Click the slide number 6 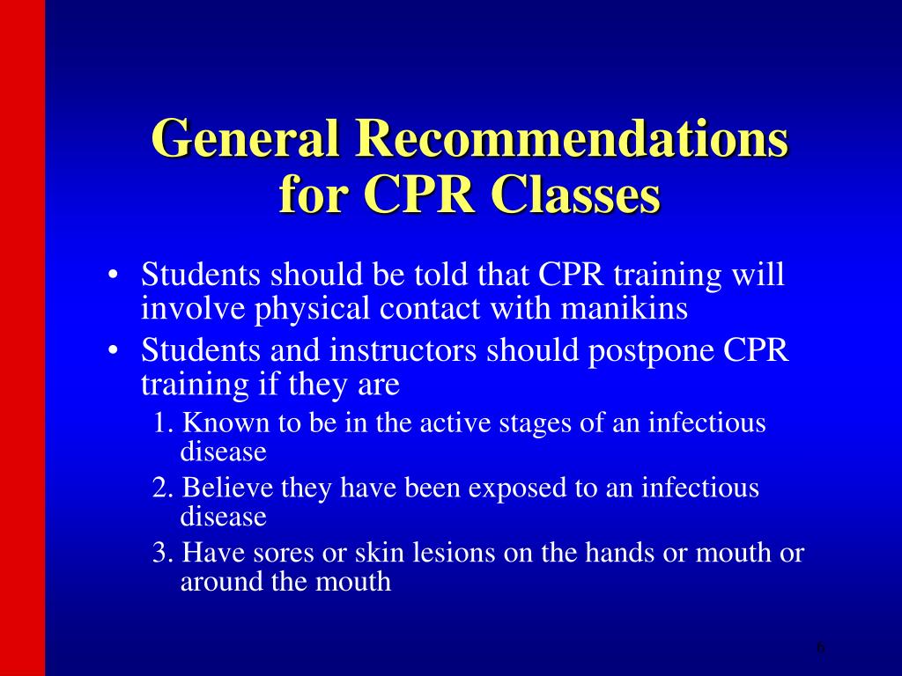click(821, 648)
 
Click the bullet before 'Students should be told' click(114, 276)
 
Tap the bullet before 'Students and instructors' click(114, 351)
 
